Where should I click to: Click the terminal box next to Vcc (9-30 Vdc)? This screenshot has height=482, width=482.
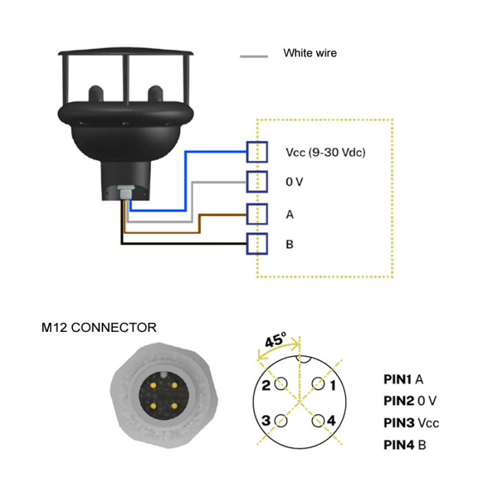point(258,151)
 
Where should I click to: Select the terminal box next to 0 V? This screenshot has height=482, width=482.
point(258,182)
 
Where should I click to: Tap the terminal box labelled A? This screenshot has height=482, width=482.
point(258,214)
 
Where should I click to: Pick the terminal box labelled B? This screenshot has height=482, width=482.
point(258,244)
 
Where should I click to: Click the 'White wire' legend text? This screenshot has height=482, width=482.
point(310,53)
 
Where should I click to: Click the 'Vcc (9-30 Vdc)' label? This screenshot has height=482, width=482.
point(324,152)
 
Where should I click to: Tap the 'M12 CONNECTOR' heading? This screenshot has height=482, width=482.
point(98,327)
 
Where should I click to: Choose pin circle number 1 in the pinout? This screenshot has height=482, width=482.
point(318,384)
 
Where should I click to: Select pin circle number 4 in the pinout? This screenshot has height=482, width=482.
point(318,420)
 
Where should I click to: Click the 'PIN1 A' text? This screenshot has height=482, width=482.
point(403,379)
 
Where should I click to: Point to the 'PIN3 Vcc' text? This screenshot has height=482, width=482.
point(411,423)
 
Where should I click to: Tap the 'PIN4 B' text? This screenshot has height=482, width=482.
point(404,445)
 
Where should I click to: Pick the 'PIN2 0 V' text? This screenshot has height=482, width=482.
point(410,401)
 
